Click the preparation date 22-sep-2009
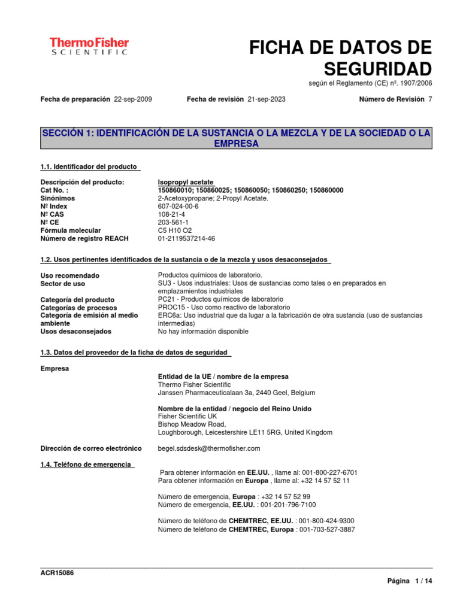pos(132,99)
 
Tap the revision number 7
pos(429,99)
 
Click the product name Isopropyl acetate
pos(186,182)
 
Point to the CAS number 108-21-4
pos(171,214)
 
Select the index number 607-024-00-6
pos(178,206)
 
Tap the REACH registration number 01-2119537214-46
pos(186,238)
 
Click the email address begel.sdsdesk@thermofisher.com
pos(209,448)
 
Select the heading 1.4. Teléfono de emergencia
pos(86,465)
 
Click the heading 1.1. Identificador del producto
pos(89,166)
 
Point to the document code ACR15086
pos(57,573)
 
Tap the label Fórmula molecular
pos(71,230)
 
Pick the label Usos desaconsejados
pos(75,331)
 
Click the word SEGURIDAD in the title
pos(378,67)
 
